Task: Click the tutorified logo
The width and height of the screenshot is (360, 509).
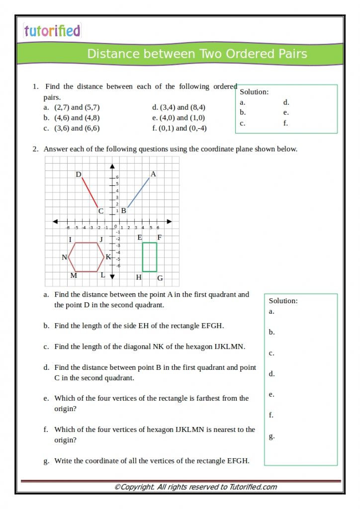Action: click(x=52, y=31)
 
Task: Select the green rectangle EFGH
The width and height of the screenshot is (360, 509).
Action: click(x=150, y=257)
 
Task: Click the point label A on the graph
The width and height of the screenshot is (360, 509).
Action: click(x=153, y=174)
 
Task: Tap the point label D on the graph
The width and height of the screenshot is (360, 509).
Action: click(x=78, y=174)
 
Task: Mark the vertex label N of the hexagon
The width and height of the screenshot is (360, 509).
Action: click(x=64, y=257)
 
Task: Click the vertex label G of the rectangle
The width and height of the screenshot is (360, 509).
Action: click(x=160, y=278)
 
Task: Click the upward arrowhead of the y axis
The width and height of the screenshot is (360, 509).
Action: click(x=112, y=166)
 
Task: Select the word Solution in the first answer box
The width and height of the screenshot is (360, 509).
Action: click(x=254, y=92)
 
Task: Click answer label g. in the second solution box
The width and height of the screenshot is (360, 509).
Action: click(x=271, y=436)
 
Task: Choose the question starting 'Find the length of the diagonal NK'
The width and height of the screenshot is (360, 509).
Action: click(x=149, y=346)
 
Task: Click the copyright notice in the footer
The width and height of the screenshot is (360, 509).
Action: click(x=195, y=487)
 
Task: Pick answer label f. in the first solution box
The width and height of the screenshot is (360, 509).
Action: click(x=286, y=123)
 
